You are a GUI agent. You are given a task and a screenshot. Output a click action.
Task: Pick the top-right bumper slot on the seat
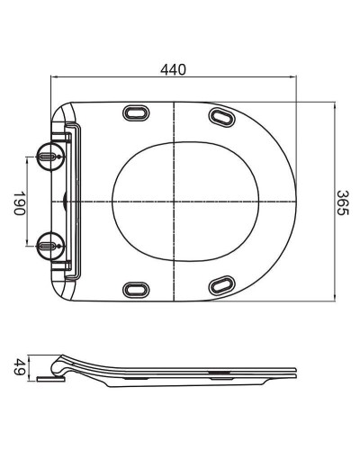(219, 114)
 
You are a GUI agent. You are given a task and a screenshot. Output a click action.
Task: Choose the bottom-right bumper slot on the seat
(219, 286)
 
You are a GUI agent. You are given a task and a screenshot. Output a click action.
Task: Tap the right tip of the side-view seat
(296, 371)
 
